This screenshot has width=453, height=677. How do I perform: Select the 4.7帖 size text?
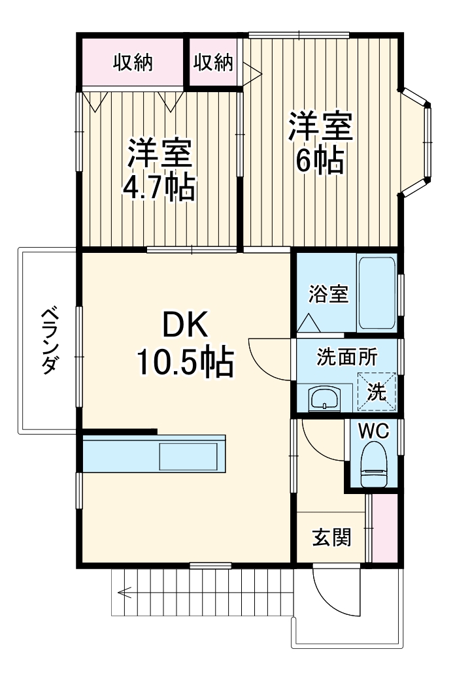(159, 188)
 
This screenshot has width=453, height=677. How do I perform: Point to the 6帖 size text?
(320, 161)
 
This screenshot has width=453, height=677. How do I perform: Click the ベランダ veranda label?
(47, 340)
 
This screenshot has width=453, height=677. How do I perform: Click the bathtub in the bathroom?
(376, 293)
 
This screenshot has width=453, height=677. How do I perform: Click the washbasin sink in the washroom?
(324, 398)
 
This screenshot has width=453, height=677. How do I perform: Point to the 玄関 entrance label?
(331, 537)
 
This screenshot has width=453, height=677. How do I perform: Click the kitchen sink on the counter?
(188, 455)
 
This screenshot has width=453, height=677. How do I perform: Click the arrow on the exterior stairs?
(124, 593)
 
